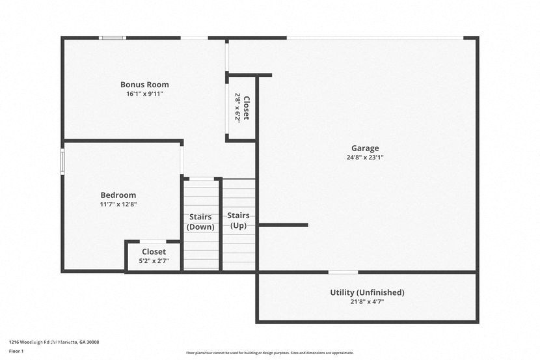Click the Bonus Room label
coord(144,85)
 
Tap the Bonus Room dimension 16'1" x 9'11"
coord(144,94)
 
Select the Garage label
coord(365,148)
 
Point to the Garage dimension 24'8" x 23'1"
coord(365,158)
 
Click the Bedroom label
coord(118,195)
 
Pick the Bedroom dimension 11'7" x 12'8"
coord(118,204)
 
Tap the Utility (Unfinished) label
coord(367,293)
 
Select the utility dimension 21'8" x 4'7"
coord(367,302)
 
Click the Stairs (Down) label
coord(201,222)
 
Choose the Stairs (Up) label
coord(238,220)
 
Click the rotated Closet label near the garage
coord(246,107)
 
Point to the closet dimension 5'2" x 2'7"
coord(154,261)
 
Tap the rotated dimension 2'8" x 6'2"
coord(237,107)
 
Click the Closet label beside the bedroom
coord(154,252)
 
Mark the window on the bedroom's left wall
coord(62,162)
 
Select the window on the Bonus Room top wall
coord(113,38)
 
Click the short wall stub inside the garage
coord(283,225)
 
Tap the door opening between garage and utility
coord(343,272)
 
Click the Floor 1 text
coord(16,352)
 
